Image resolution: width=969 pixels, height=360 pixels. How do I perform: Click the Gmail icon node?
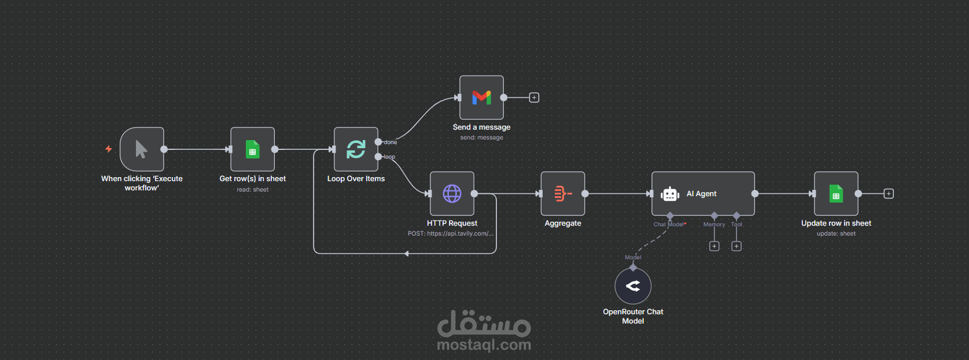(x=481, y=97)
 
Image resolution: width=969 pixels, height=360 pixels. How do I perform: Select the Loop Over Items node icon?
(x=356, y=149)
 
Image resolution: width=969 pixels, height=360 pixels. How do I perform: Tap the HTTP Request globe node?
(x=452, y=193)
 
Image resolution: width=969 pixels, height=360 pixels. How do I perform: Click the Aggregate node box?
(x=563, y=193)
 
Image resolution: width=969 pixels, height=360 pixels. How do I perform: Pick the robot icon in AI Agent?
(x=670, y=194)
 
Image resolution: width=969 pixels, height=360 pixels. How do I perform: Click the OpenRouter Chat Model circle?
(x=633, y=286)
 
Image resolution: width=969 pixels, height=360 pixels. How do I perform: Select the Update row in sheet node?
(x=836, y=193)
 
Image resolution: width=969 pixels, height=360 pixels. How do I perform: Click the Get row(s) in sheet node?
(x=253, y=149)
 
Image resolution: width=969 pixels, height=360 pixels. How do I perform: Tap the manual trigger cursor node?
(x=142, y=149)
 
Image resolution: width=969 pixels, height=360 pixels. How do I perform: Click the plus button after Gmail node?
(x=534, y=98)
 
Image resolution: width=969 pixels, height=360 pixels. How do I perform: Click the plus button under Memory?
(x=714, y=246)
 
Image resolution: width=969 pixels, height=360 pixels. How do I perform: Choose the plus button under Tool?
(x=736, y=246)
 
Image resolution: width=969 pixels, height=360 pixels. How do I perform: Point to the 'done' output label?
(x=390, y=142)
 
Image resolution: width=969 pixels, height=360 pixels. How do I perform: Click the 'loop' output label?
(x=389, y=157)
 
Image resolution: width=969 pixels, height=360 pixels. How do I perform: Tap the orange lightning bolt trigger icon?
(x=109, y=149)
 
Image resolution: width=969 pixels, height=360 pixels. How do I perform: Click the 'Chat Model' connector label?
(x=668, y=224)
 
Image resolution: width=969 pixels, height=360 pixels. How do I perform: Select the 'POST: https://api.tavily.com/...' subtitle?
(x=450, y=233)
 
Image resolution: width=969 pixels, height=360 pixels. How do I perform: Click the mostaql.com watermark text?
(x=484, y=345)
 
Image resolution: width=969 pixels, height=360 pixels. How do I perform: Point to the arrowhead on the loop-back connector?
(x=407, y=254)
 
